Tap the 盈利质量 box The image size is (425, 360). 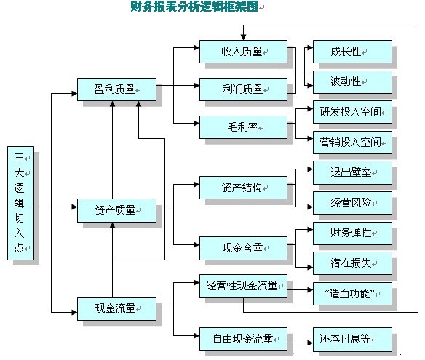pos(115,89)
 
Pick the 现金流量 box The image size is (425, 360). pos(115,308)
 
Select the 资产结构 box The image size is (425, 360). pos(243,187)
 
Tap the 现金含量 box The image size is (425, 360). pos(243,248)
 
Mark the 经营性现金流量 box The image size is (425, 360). pos(243,286)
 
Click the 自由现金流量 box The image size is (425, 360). pos(243,338)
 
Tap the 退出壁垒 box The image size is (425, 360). pos(352,173)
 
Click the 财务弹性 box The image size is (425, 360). pos(352,233)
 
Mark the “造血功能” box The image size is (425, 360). pos(352,294)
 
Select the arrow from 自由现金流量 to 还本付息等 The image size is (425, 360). pos(299,339)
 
